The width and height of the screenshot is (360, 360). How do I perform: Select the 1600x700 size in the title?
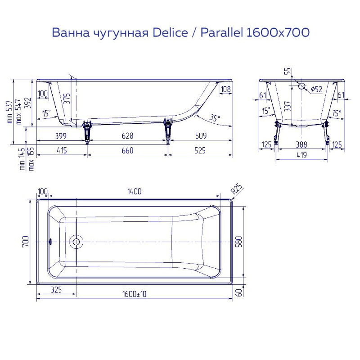click(x=278, y=33)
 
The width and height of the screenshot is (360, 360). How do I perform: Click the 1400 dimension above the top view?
click(x=134, y=191)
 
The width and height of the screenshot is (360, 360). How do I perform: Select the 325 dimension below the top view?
click(x=56, y=290)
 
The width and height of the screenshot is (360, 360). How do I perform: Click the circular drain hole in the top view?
click(x=76, y=242)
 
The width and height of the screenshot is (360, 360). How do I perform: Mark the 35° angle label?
click(x=215, y=118)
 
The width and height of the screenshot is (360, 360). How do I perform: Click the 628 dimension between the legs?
click(x=127, y=136)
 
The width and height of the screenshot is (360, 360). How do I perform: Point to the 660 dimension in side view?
click(x=127, y=151)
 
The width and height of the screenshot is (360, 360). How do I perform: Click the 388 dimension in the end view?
click(x=301, y=144)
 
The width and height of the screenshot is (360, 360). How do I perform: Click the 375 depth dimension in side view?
click(x=67, y=98)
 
